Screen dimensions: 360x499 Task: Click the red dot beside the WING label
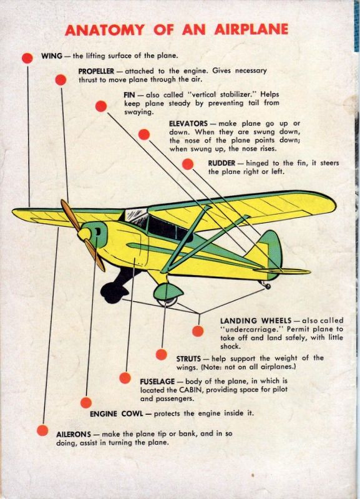pos(27,58)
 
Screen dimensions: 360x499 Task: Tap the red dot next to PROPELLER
pos(61,80)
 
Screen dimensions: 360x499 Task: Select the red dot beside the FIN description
pos(101,106)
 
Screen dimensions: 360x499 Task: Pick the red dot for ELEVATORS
pos(144,134)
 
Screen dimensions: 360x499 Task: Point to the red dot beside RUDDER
pos(188,164)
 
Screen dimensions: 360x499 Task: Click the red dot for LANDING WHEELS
pos(198,331)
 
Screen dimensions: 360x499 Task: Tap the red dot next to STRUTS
pos(162,354)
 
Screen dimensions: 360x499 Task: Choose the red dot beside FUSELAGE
pos(125,378)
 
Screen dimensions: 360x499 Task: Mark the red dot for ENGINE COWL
pos(86,402)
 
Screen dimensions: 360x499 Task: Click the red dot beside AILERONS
pos(42,430)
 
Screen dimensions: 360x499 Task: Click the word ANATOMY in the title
pos(105,29)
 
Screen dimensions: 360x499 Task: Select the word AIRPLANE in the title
pos(251,29)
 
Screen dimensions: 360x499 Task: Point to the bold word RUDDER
pos(221,163)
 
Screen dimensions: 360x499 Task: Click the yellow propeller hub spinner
pos(84,235)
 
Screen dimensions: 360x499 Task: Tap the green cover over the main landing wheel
pos(168,291)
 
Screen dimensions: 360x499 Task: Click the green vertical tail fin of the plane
pos(271,248)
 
